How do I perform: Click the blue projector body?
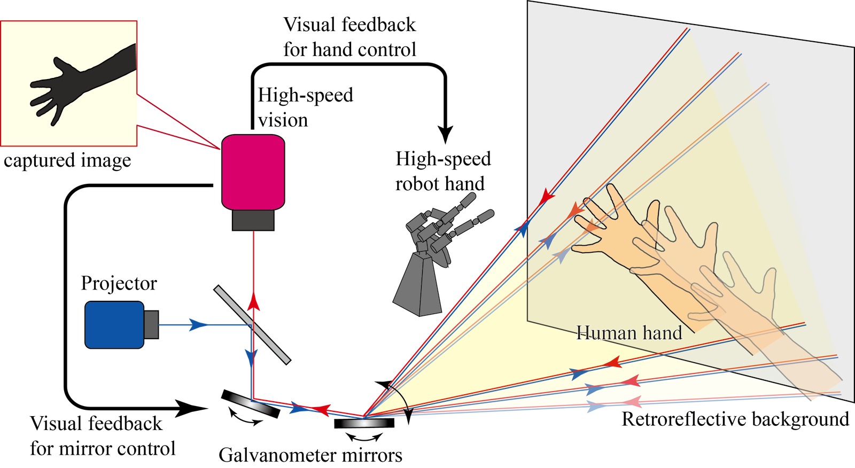click(x=114, y=325)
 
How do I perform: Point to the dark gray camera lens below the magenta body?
click(x=253, y=220)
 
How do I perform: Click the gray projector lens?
click(x=151, y=324)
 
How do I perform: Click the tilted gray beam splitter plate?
click(x=252, y=325)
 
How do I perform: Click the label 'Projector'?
click(x=119, y=283)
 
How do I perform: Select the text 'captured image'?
click(x=67, y=160)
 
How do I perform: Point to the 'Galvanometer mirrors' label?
click(x=310, y=455)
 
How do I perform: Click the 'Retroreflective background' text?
click(x=735, y=419)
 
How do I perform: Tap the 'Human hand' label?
click(x=629, y=333)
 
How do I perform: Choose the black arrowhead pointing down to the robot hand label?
click(x=445, y=134)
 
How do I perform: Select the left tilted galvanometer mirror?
click(x=250, y=403)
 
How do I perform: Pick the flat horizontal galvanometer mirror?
click(x=364, y=423)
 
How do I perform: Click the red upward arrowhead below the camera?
click(x=253, y=302)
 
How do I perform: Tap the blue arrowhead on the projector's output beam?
click(x=199, y=324)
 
